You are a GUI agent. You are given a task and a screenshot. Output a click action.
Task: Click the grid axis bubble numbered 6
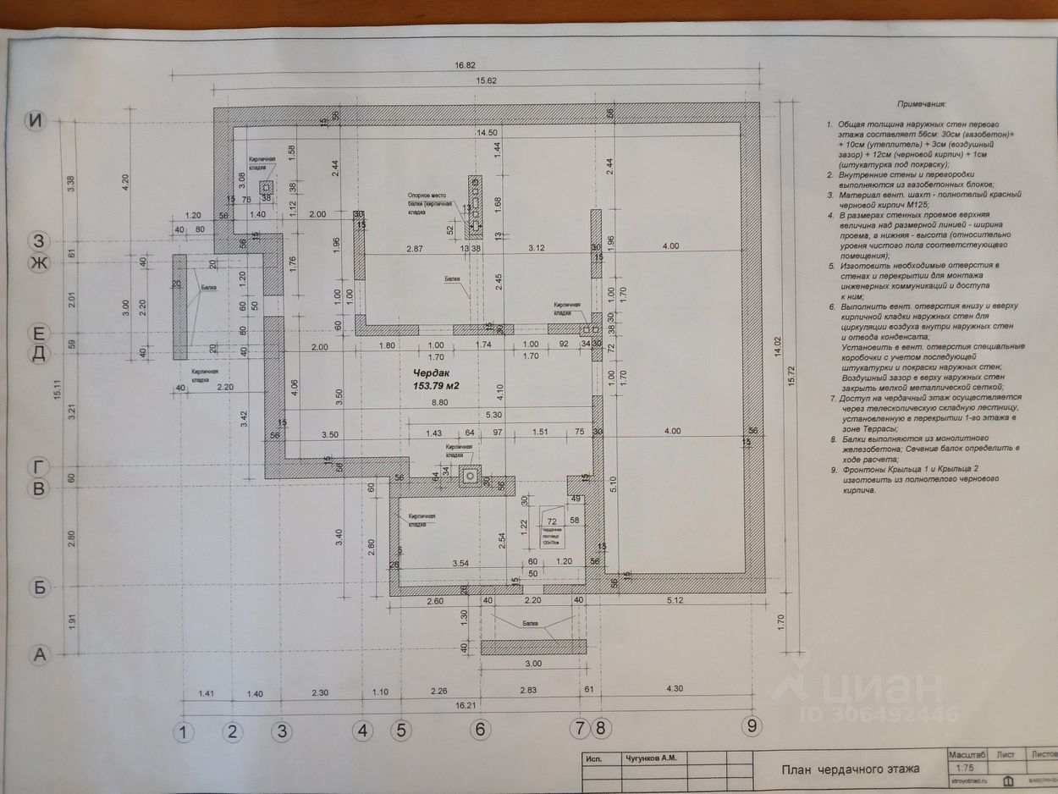480,727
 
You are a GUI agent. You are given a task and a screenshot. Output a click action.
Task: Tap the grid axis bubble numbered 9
750,725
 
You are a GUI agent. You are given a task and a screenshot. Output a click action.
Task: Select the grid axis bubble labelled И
35,121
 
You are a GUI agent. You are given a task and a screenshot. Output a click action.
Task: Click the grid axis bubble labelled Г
37,467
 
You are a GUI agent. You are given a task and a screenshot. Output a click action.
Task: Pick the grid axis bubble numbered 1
184,732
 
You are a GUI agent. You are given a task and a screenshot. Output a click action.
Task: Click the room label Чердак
432,373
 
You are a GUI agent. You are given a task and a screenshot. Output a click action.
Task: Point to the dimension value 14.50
488,133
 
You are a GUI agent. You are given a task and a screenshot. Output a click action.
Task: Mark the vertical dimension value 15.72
801,378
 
